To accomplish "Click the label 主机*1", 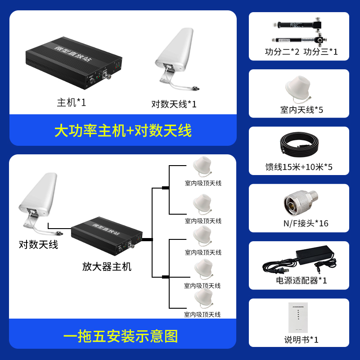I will (x=71, y=103).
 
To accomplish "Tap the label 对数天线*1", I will (x=174, y=104).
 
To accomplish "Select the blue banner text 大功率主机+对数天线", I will (x=123, y=130).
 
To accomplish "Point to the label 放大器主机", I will (x=107, y=266).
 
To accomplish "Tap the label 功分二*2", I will (x=282, y=52).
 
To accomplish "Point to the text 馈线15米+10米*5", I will (x=299, y=167).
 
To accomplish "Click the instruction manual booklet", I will (x=299, y=317).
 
